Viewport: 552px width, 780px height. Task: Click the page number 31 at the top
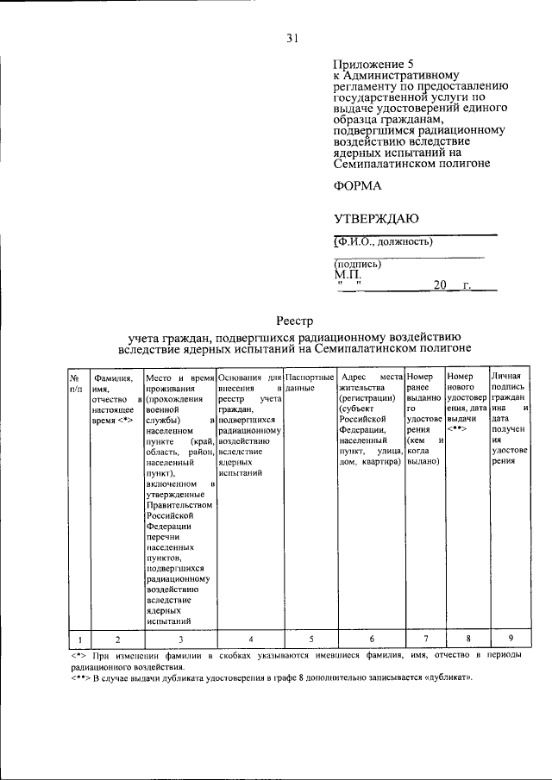[292, 37]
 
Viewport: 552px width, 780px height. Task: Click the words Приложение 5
[367, 65]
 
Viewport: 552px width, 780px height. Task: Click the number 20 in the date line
[441, 285]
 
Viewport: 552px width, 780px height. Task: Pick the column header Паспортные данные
[309, 384]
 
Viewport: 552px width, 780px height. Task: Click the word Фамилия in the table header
[112, 378]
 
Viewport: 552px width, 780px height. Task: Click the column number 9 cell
[510, 638]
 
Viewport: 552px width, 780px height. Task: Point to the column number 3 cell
[180, 639]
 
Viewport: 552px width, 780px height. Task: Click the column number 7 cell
[423, 639]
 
